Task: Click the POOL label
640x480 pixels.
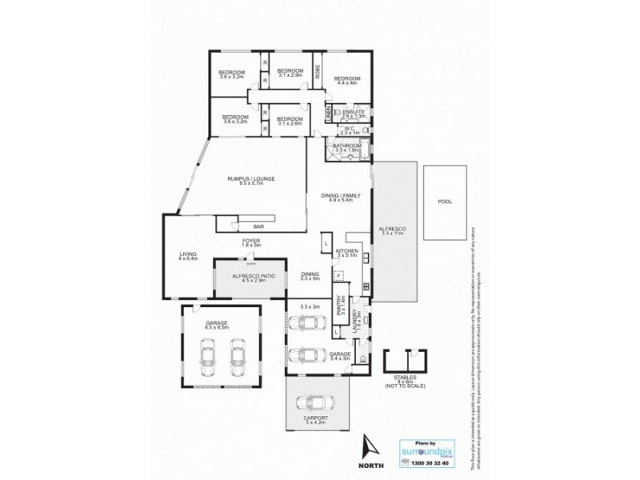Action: click(444, 202)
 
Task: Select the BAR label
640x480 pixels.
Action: click(260, 226)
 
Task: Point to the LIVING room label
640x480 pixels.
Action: click(186, 254)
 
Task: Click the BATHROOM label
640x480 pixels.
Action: click(348, 146)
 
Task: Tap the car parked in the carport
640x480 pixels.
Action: click(318, 402)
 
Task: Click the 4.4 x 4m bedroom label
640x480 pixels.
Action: click(348, 79)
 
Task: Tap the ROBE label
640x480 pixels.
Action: click(318, 70)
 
